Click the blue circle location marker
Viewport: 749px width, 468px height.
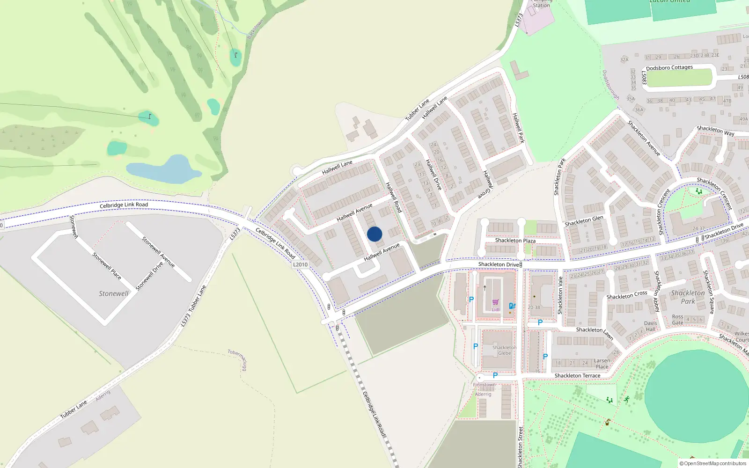(x=374, y=234)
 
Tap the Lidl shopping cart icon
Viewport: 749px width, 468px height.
(x=495, y=302)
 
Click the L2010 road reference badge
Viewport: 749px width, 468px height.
(x=301, y=264)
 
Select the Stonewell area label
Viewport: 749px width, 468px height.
(x=113, y=293)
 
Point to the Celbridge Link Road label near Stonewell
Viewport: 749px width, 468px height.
(x=124, y=205)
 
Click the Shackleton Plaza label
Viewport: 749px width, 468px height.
(x=515, y=241)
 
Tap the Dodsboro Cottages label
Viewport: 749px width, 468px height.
(x=669, y=68)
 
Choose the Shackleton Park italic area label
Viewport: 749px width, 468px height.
(x=688, y=297)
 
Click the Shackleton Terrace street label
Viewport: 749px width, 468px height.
(x=577, y=376)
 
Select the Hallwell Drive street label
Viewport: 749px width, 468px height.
(x=433, y=175)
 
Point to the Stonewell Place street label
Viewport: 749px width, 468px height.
(x=107, y=266)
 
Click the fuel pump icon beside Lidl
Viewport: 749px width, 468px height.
(x=512, y=306)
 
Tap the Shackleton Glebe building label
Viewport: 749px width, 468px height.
(x=504, y=350)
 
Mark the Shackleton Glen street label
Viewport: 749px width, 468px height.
(x=584, y=221)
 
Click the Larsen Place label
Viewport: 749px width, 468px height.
(x=602, y=364)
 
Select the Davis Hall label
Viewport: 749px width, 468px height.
(x=651, y=326)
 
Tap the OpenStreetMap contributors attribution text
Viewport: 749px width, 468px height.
(x=713, y=463)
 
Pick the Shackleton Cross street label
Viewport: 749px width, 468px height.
(x=626, y=295)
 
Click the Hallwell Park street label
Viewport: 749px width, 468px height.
(x=518, y=128)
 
